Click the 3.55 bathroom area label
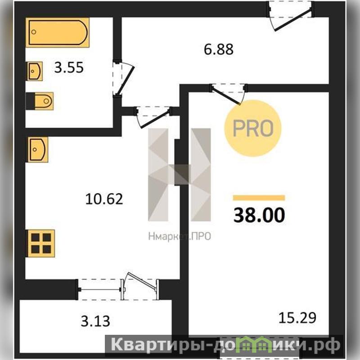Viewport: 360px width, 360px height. pos(69,68)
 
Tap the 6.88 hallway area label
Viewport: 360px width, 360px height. pos(219,49)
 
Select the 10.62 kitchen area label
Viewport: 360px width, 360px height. pos(104,199)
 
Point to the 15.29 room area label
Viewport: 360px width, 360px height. pos(297,318)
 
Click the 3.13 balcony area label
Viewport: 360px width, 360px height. pos(95,321)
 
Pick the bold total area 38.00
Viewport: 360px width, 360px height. pos(259,215)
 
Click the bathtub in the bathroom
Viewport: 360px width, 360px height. pos(58,32)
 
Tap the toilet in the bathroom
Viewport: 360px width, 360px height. pos(40,101)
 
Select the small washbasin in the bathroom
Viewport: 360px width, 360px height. pos(35,71)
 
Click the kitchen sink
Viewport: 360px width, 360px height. pos(37,149)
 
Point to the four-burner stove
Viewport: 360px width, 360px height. pos(40,243)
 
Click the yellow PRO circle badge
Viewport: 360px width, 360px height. pos(253,128)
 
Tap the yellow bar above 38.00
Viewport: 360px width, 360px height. pos(259,198)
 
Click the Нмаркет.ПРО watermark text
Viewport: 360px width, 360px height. pos(180,236)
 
